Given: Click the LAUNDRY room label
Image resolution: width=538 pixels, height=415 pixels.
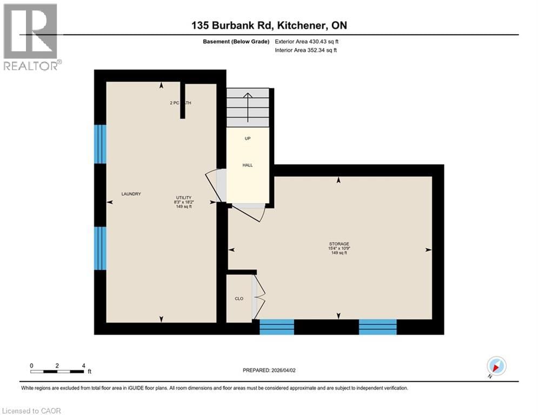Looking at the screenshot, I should click(x=131, y=194).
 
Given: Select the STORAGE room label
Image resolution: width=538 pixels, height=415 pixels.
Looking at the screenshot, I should click(x=339, y=244).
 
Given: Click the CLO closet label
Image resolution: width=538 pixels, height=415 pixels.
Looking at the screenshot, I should click(x=239, y=298).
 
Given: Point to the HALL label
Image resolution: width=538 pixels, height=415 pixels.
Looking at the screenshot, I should click(x=247, y=165).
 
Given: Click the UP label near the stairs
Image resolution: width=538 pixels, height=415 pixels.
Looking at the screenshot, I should click(x=247, y=138).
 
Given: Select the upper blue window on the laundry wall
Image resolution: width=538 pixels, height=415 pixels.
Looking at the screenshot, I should click(x=100, y=144).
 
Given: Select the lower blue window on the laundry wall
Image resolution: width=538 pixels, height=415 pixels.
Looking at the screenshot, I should click(x=100, y=248).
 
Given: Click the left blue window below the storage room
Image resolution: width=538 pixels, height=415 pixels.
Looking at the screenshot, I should click(x=276, y=326).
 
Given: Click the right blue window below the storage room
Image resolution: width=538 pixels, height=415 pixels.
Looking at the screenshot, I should click(x=377, y=326).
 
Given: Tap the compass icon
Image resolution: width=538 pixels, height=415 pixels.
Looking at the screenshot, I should click(x=496, y=366).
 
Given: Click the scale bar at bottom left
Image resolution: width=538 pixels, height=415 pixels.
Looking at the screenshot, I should click(x=57, y=371).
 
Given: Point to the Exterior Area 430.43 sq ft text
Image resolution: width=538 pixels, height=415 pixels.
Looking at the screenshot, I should click(x=308, y=41).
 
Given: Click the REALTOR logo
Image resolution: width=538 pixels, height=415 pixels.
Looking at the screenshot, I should click(x=31, y=37).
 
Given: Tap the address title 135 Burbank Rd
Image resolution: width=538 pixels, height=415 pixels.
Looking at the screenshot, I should click(x=269, y=26).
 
